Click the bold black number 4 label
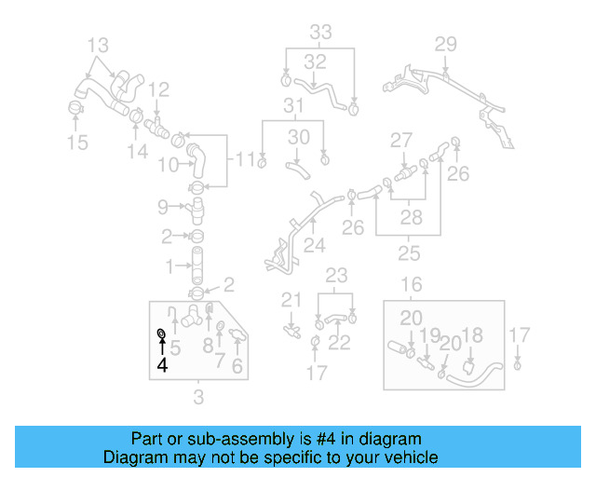[x=163, y=365]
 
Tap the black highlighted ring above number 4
[x=162, y=334]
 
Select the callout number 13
[x=98, y=45]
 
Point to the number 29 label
[x=446, y=44]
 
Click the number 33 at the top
[x=320, y=33]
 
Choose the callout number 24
[x=315, y=247]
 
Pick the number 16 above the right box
[x=411, y=284]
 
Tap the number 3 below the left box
[x=197, y=399]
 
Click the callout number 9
[x=163, y=207]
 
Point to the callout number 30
[x=298, y=137]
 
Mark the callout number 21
[x=292, y=300]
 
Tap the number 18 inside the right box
[x=472, y=335]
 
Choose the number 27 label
[x=400, y=141]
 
